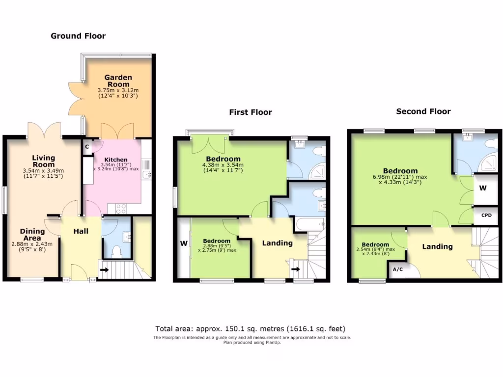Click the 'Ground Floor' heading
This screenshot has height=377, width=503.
[x=78, y=36]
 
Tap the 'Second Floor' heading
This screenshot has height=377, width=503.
[x=423, y=111]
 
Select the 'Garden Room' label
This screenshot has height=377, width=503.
[x=118, y=81]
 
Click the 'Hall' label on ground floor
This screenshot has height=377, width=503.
[x=81, y=231]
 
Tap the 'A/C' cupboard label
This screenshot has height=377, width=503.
[x=397, y=269]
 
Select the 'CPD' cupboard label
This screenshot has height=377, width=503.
[x=486, y=215]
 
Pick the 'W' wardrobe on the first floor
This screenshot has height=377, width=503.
[x=183, y=243]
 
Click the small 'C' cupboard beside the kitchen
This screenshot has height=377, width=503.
[x=86, y=146]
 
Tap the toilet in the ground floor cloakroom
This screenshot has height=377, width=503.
[x=117, y=252]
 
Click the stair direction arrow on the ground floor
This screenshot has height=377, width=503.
[x=105, y=269]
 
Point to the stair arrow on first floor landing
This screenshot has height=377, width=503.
[x=295, y=269]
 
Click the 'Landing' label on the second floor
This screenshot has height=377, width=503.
[x=437, y=246]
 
